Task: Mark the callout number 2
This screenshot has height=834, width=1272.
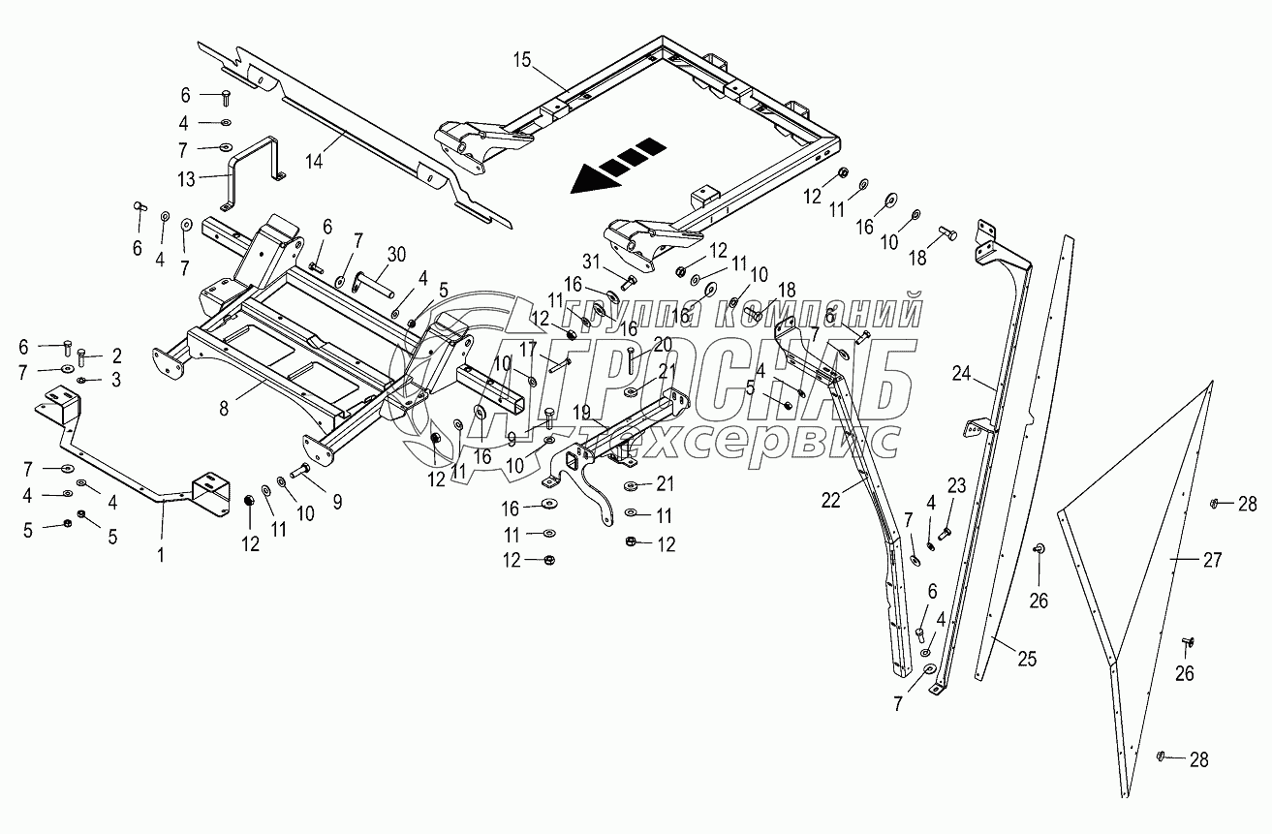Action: [116, 355]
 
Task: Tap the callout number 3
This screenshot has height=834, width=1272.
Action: [116, 380]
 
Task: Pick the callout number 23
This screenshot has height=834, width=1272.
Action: [956, 483]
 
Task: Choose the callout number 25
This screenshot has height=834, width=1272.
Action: [1026, 660]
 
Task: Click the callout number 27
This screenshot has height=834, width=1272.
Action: [1211, 559]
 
